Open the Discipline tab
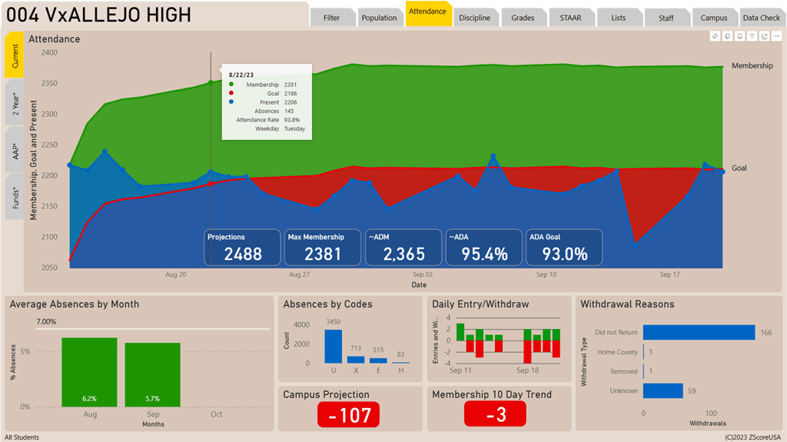474,18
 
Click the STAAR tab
570,18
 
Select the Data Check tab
761,18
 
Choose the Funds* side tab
15,197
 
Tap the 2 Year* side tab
15,102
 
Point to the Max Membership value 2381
323,254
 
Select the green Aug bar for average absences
89,372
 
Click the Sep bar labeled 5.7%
152,375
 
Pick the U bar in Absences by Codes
333,346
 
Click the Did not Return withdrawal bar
699,332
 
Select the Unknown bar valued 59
662,390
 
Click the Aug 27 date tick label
299,274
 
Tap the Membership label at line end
752,66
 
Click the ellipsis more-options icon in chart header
777,36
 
